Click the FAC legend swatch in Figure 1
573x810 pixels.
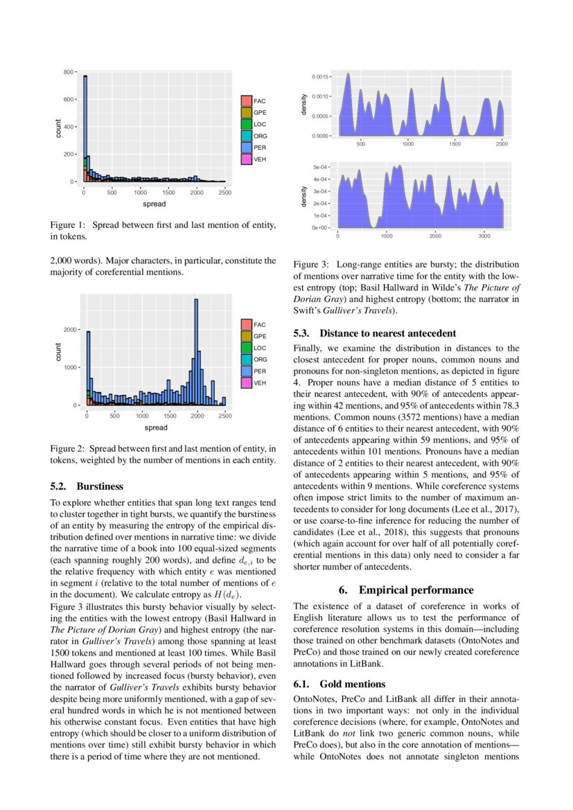pyautogui.click(x=246, y=101)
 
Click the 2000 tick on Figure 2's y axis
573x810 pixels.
pyautogui.click(x=68, y=330)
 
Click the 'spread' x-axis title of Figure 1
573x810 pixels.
pyautogui.click(x=154, y=204)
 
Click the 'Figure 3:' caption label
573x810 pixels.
pyautogui.click(x=311, y=265)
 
